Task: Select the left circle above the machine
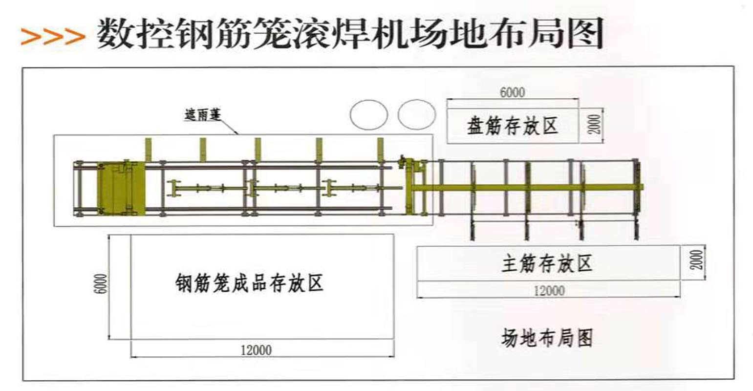pyautogui.click(x=369, y=115)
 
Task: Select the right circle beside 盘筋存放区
pyautogui.click(x=416, y=114)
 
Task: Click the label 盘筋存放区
pyautogui.click(x=512, y=126)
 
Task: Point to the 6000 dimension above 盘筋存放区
pyautogui.click(x=512, y=92)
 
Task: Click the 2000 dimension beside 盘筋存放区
pyautogui.click(x=594, y=125)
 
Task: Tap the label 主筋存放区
pyautogui.click(x=547, y=264)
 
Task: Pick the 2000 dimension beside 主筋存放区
pyautogui.click(x=697, y=260)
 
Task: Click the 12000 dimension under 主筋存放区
pyautogui.click(x=549, y=291)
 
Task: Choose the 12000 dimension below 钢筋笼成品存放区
pyautogui.click(x=256, y=350)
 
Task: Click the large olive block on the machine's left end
pyautogui.click(x=120, y=188)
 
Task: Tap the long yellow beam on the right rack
pyautogui.click(x=528, y=187)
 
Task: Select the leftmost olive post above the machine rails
pyautogui.click(x=149, y=150)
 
